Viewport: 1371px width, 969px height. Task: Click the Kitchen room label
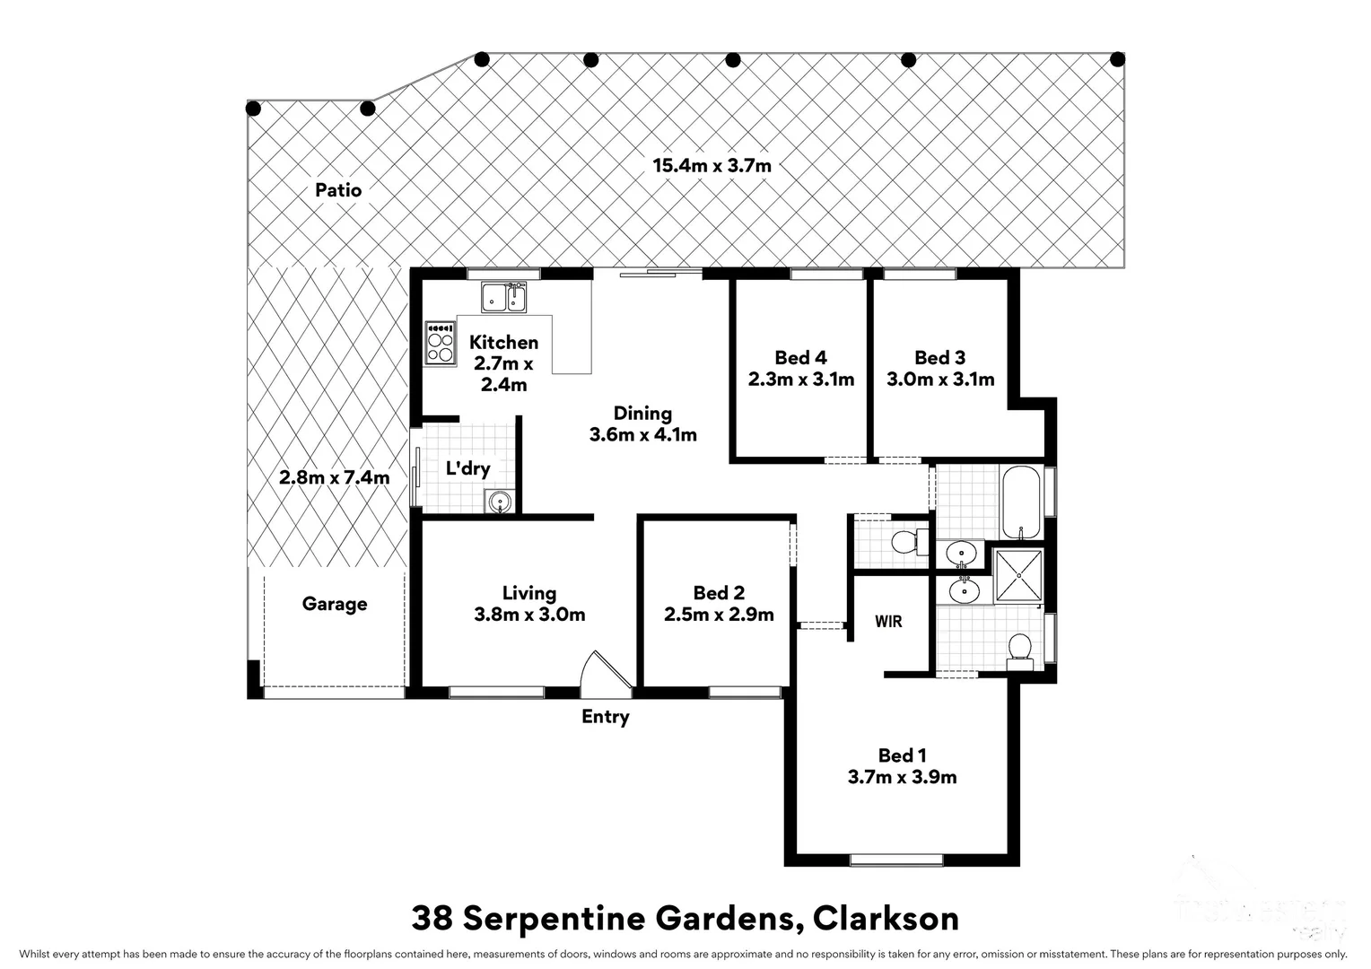(x=503, y=343)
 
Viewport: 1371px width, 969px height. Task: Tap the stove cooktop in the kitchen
(x=440, y=343)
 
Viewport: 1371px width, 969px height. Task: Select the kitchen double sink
(x=503, y=297)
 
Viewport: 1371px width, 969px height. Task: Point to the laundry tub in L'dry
(x=499, y=502)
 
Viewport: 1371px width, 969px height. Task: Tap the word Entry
(x=606, y=717)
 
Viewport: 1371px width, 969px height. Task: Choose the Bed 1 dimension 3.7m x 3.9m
(x=902, y=778)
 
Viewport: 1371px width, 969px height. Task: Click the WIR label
(x=888, y=621)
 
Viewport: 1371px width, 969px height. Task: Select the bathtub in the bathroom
(x=1020, y=502)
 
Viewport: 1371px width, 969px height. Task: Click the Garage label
(x=335, y=604)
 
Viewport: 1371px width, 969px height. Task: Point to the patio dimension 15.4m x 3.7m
(x=712, y=165)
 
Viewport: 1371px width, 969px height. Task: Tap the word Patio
(x=338, y=190)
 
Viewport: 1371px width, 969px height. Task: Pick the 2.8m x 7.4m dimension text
(x=334, y=477)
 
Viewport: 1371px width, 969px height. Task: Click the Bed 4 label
(x=800, y=358)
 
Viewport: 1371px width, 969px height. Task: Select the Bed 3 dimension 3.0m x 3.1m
(x=940, y=380)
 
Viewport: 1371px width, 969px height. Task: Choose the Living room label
(x=529, y=593)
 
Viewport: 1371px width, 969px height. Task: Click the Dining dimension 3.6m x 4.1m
(x=642, y=435)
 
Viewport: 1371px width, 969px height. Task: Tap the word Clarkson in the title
(x=886, y=919)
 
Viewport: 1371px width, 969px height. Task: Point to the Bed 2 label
(x=719, y=593)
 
